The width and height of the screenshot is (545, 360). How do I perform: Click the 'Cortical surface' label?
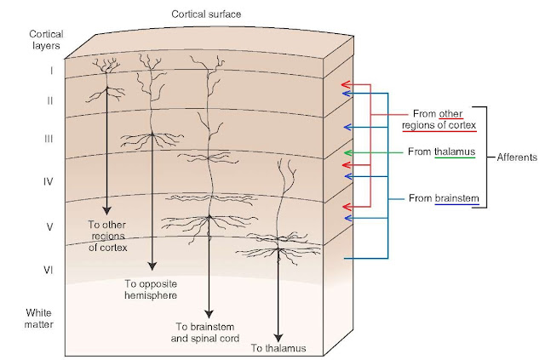tap(206, 14)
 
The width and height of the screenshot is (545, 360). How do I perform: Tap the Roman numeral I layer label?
tap(51, 71)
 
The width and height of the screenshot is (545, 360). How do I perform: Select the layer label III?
tap(49, 139)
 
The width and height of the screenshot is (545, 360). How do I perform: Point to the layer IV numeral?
tap(48, 181)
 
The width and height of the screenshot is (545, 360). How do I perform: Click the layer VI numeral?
tap(48, 270)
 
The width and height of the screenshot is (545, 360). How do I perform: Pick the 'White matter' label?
tap(38, 318)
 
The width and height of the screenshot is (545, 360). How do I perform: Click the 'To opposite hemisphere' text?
tap(151, 289)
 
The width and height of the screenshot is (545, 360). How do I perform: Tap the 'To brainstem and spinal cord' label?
tap(205, 333)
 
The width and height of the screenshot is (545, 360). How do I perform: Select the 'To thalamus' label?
tap(278, 348)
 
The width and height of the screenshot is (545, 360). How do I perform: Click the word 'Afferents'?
tap(517, 157)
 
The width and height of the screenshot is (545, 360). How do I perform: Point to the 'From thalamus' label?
tap(441, 151)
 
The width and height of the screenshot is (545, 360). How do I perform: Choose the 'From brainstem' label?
tap(444, 198)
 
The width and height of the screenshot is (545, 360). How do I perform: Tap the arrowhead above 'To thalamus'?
tap(278, 338)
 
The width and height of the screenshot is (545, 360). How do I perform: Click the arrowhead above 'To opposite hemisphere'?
tap(152, 266)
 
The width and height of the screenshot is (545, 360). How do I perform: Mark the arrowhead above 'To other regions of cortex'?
tap(106, 210)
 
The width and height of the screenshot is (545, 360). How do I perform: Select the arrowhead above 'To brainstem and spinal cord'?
tap(209, 314)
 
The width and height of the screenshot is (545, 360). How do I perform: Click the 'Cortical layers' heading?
tap(46, 40)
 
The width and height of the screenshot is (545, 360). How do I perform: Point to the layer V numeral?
tap(49, 227)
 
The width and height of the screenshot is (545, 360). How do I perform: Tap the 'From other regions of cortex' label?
tap(439, 119)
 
